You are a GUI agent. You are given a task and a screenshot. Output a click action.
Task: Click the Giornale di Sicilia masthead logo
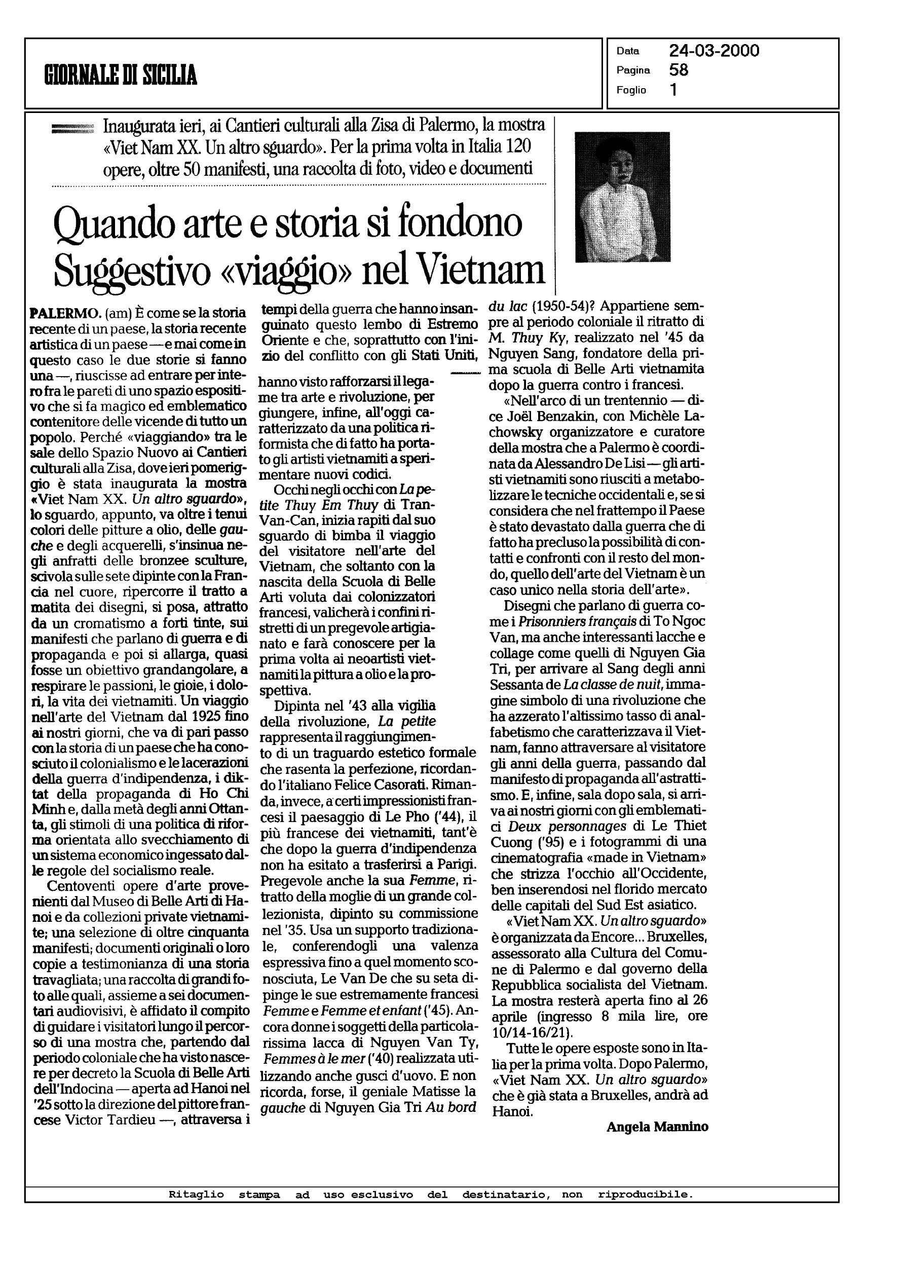(x=121, y=74)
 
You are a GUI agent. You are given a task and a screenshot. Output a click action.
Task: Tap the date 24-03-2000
(x=714, y=51)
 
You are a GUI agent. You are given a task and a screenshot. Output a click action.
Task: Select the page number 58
(x=679, y=70)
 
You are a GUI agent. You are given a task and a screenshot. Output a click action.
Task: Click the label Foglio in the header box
(x=631, y=90)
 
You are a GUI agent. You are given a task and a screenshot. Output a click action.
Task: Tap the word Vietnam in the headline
(x=480, y=271)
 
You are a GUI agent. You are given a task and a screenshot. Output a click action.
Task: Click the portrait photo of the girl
(x=622, y=197)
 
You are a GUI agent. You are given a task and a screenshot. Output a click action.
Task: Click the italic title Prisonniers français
(x=581, y=621)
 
